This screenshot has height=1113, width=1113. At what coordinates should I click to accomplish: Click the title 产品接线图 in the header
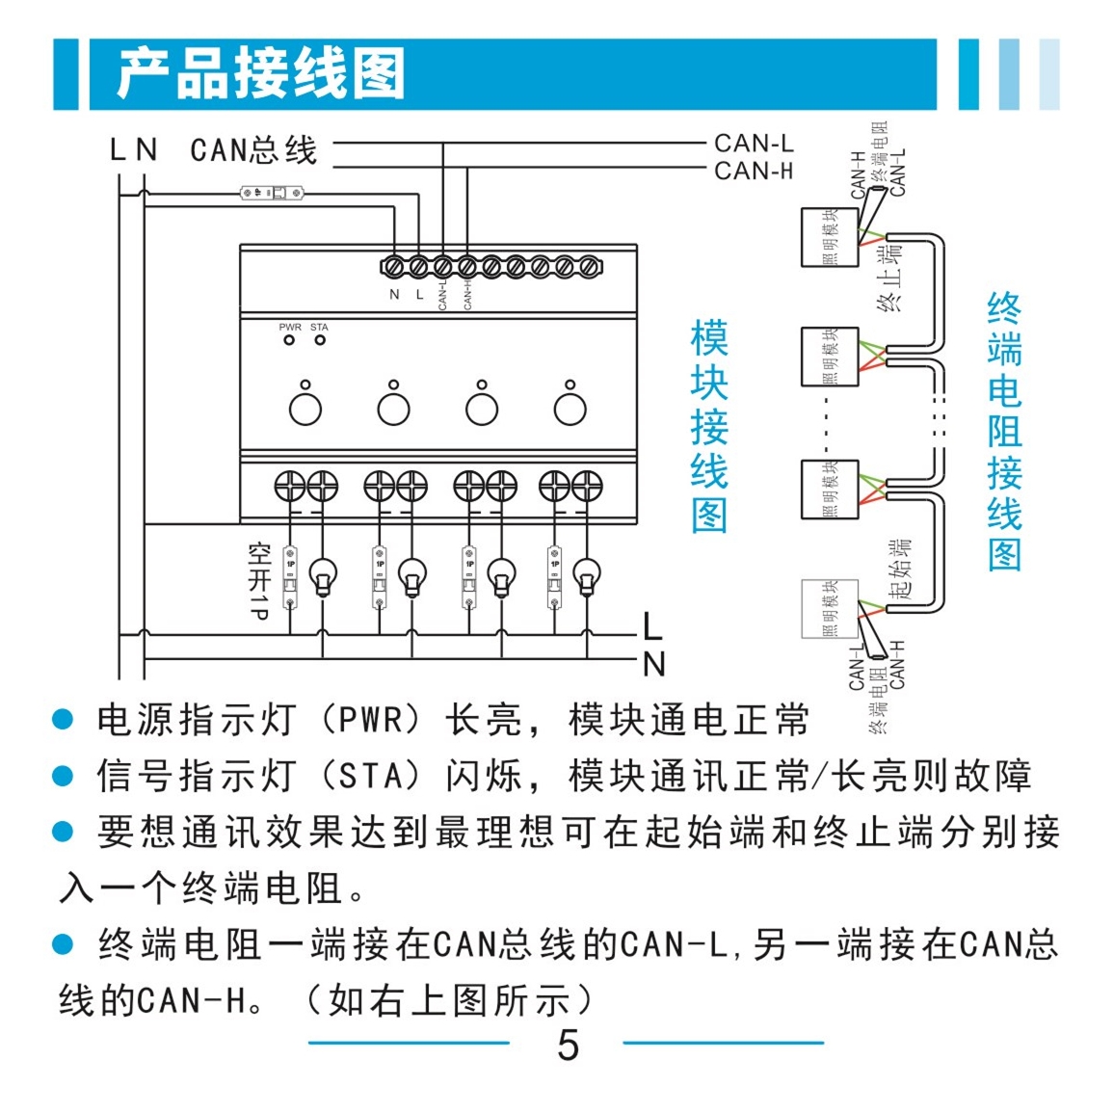point(260,73)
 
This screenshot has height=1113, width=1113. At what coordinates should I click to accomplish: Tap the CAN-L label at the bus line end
point(754,144)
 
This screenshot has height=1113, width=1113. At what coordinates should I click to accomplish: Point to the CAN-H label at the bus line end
point(754,172)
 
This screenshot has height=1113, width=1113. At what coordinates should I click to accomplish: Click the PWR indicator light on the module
point(289,341)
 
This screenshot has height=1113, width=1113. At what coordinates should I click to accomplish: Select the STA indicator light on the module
point(320,341)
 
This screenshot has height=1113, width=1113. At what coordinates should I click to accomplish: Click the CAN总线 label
point(253,150)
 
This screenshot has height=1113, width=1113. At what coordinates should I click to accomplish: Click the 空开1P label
point(258,580)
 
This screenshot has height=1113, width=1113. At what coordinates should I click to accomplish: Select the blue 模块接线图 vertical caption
point(709,427)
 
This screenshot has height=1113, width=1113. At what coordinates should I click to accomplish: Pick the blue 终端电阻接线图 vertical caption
point(1004,432)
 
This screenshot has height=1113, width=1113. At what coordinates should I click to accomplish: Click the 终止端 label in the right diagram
point(890,279)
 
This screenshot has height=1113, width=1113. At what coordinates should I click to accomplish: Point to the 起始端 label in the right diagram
point(899,570)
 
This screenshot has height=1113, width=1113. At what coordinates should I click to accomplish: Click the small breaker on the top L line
point(272,194)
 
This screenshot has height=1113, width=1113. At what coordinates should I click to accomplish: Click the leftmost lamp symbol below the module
point(323,578)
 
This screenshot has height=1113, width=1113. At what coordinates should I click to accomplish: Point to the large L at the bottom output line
point(652,628)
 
